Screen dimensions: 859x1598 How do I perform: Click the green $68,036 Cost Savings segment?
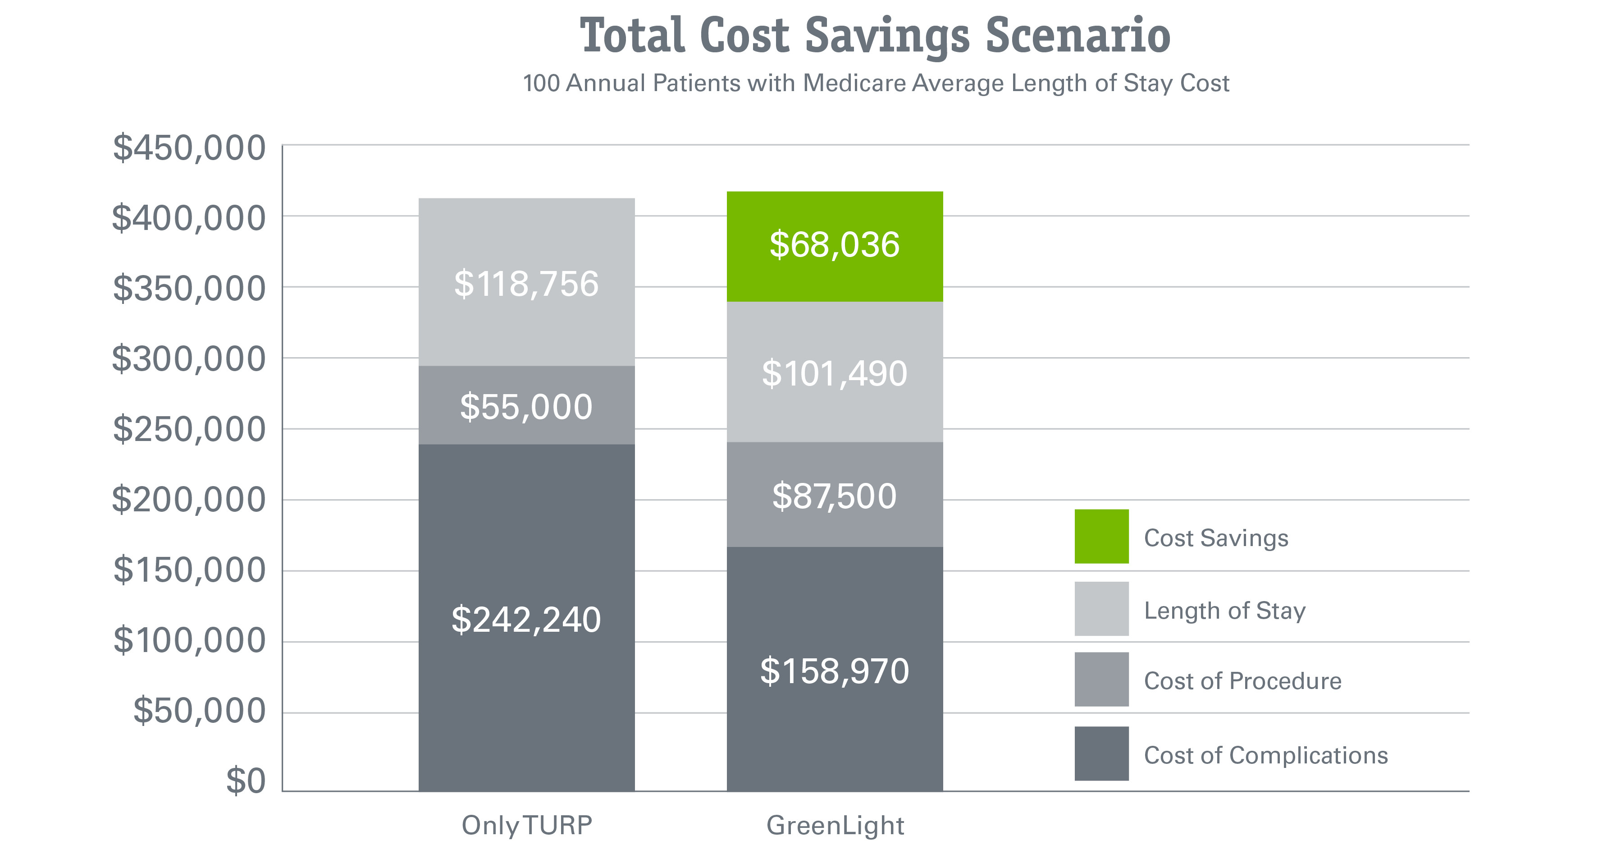pyautogui.click(x=834, y=246)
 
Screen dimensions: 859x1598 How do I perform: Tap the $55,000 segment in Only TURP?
pyautogui.click(x=526, y=405)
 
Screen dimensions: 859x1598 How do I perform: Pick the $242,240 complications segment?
pyautogui.click(x=526, y=618)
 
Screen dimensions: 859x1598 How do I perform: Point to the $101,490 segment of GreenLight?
pyautogui.click(x=834, y=372)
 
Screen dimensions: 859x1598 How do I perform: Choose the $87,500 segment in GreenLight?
pyautogui.click(x=834, y=495)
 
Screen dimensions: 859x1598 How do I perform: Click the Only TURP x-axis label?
pyautogui.click(x=527, y=825)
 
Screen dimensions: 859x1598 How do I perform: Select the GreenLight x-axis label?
pyautogui.click(x=835, y=825)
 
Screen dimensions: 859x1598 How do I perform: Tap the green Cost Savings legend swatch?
pyautogui.click(x=1101, y=536)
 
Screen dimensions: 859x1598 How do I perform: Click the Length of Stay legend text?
pyautogui.click(x=1224, y=610)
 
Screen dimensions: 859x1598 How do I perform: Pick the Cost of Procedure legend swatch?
pyautogui.click(x=1101, y=679)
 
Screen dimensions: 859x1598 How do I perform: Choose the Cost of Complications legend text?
pyautogui.click(x=1265, y=755)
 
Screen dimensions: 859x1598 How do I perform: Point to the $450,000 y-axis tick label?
pyautogui.click(x=189, y=148)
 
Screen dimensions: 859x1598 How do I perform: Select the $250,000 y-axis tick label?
pyautogui.click(x=189, y=429)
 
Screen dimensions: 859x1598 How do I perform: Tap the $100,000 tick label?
pyautogui.click(x=189, y=640)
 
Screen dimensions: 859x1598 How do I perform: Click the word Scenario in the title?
pyautogui.click(x=1078, y=36)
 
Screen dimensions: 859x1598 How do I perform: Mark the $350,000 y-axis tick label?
pyautogui.click(x=189, y=289)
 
